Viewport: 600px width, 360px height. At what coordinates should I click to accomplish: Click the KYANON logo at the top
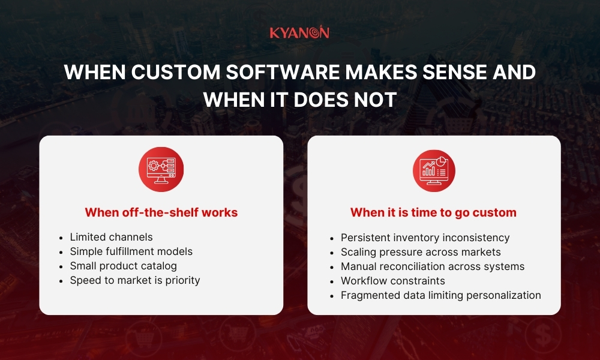[x=299, y=32]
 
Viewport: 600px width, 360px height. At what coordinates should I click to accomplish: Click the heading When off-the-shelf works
[x=161, y=212]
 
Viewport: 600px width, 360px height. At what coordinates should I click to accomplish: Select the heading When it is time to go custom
[x=433, y=212]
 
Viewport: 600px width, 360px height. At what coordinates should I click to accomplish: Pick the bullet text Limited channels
[x=111, y=237]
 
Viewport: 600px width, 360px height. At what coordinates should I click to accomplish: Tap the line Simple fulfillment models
[x=131, y=251]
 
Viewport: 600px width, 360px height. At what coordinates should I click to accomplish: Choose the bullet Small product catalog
[x=123, y=266]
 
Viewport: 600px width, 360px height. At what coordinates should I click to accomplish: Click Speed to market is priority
[x=134, y=280]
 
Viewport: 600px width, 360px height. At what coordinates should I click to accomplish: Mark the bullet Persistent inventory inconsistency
[x=425, y=238]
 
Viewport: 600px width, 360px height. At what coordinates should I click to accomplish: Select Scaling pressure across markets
[x=420, y=252]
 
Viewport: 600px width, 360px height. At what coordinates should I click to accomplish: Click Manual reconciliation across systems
[x=432, y=266]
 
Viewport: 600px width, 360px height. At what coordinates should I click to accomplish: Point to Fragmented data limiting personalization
[x=440, y=295]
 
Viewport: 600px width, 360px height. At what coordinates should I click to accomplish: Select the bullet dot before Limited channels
[x=62, y=238]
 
